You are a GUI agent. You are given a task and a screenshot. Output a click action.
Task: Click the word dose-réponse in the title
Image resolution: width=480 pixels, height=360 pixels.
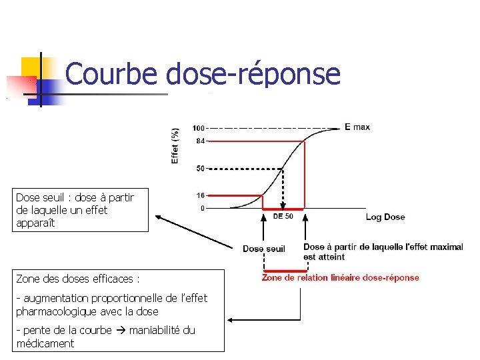(253, 74)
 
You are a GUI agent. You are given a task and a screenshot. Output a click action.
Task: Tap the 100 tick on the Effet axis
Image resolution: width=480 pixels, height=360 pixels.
(199, 128)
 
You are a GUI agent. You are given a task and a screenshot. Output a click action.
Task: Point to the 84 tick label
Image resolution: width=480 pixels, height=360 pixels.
(200, 141)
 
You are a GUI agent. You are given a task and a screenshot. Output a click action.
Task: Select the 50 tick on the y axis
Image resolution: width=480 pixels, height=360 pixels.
(200, 169)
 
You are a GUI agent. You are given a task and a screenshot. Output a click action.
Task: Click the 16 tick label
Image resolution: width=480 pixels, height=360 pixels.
(200, 196)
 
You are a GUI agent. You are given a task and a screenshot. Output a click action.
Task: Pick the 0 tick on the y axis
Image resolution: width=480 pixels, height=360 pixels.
(202, 209)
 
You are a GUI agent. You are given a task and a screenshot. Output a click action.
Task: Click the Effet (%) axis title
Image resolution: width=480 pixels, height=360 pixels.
(175, 145)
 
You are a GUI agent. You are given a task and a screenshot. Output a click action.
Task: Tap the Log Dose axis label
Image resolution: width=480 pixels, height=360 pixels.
(385, 217)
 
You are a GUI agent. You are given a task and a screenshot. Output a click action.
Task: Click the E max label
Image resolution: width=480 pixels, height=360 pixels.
(357, 127)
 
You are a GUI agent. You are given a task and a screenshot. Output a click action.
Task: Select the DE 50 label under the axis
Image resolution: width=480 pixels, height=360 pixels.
(283, 217)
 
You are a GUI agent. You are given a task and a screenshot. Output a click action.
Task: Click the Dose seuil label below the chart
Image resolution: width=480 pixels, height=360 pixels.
(263, 249)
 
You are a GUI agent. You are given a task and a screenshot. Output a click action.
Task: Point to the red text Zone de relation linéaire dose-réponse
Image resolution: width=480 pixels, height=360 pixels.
(340, 278)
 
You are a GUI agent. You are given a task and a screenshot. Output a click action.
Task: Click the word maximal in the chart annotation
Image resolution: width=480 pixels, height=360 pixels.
(446, 247)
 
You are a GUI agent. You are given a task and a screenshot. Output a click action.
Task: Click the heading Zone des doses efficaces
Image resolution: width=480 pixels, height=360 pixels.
(77, 279)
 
